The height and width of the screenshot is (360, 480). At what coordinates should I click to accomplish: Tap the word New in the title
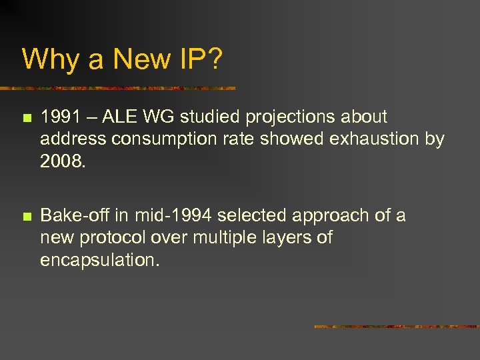(x=141, y=59)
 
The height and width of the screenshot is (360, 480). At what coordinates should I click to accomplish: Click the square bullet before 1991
(x=26, y=118)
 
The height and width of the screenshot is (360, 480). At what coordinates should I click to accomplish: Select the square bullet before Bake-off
(x=26, y=217)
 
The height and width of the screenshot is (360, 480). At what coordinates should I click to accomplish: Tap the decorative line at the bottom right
(x=396, y=327)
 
